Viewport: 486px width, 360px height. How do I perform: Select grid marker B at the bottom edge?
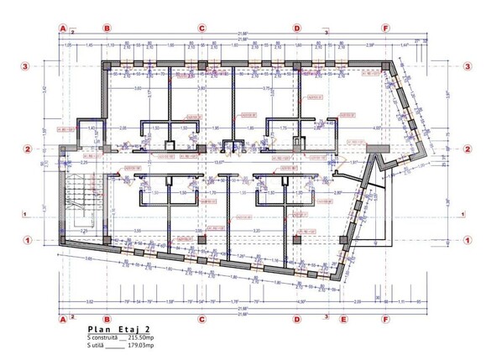click(107, 319)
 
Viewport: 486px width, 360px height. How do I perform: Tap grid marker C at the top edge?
click(201, 27)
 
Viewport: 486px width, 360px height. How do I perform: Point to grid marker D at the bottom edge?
click(296, 319)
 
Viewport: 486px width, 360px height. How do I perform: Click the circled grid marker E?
click(342, 319)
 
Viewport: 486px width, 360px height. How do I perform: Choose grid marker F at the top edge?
click(385, 27)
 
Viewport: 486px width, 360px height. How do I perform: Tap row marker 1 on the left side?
click(26, 240)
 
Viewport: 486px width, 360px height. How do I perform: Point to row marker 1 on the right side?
click(466, 240)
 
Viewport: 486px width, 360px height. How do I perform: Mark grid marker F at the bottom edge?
click(385, 319)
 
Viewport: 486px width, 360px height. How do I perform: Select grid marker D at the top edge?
click(296, 27)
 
